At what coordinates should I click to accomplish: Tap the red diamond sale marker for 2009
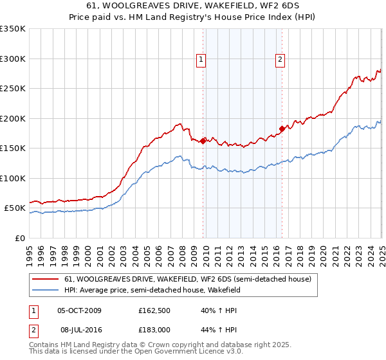coord(203,141)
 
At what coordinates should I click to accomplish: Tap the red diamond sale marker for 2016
coord(282,129)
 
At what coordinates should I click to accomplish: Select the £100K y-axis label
coord(13,178)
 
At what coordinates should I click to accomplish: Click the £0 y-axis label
coord(19,238)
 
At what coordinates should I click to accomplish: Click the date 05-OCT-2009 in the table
coord(80,310)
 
